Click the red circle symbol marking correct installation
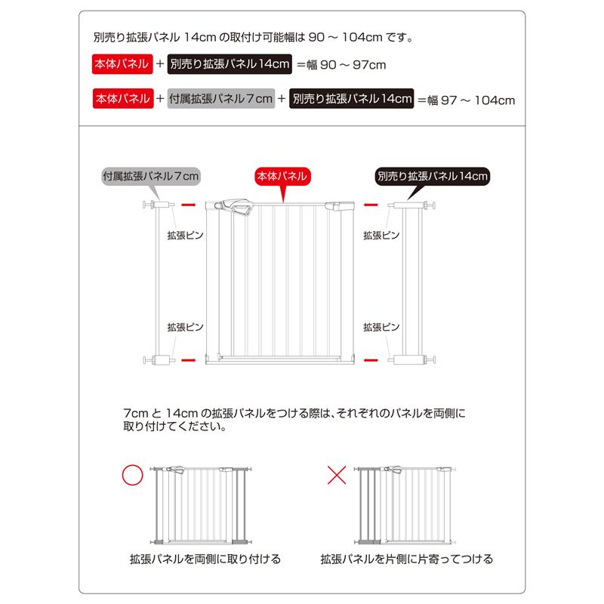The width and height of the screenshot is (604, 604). (133, 476)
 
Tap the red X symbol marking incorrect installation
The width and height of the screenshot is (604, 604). (337, 475)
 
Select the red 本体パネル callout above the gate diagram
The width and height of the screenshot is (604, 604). (282, 176)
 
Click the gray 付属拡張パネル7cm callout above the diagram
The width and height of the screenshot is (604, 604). (151, 176)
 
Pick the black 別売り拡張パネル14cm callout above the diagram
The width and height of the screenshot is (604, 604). (433, 176)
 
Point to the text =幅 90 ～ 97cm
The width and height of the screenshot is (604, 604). (341, 65)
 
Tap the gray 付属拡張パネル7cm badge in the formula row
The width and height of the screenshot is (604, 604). (220, 99)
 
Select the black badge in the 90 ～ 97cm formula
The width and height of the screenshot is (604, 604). (230, 65)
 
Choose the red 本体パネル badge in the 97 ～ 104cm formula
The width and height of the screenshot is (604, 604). (121, 99)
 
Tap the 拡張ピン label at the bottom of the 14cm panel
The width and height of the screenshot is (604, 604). (381, 327)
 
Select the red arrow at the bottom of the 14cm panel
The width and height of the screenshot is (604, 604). (370, 359)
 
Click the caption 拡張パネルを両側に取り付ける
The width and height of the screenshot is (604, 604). (205, 559)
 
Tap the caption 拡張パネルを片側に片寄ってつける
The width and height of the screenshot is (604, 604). (407, 559)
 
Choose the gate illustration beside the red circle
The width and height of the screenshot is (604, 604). (200, 504)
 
